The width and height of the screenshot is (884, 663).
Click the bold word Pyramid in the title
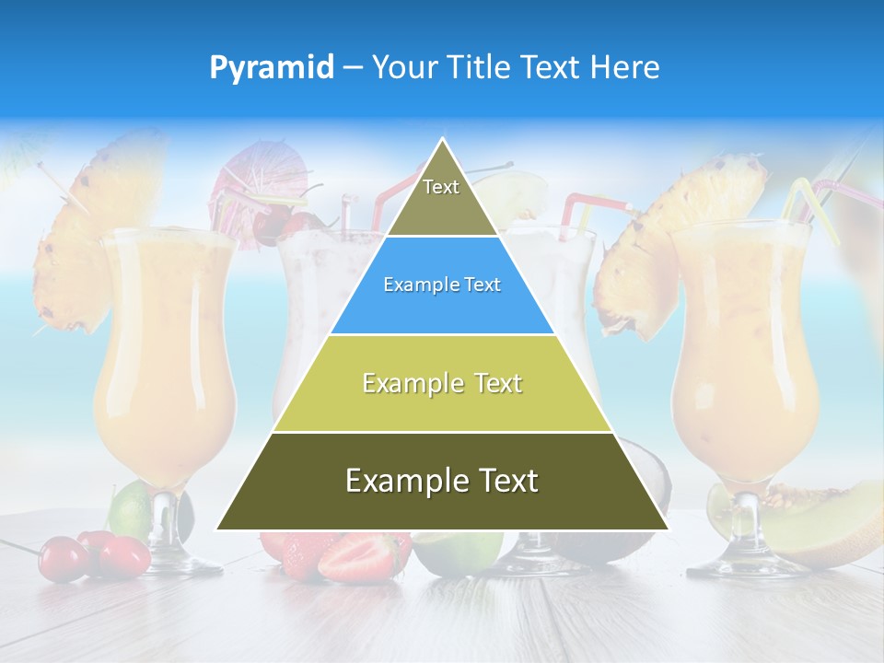(271, 67)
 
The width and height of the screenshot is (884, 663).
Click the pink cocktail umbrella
(247, 176)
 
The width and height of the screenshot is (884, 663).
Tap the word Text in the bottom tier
(505, 481)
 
